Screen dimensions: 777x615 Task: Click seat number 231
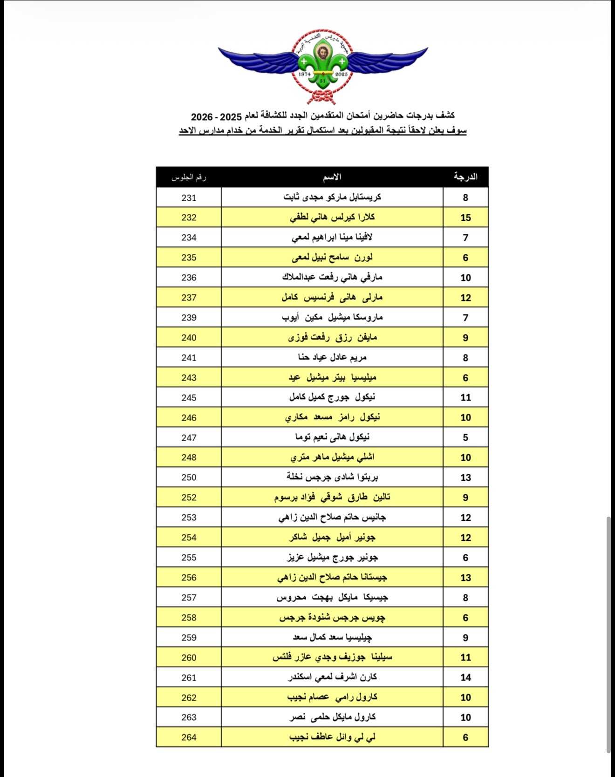click(189, 198)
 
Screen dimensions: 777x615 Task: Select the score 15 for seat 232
click(465, 218)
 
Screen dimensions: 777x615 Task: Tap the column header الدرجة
click(465, 177)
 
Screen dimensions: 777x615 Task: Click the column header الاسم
click(332, 177)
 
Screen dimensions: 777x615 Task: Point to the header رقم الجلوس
click(189, 177)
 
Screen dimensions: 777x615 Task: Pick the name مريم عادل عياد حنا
click(332, 357)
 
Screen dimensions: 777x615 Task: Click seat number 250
click(189, 477)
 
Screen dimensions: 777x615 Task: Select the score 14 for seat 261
click(465, 677)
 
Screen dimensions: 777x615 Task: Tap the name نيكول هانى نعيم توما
click(332, 437)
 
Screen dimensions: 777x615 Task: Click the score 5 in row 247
click(465, 437)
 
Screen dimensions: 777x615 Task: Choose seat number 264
click(189, 737)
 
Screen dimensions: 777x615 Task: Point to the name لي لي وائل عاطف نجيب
click(332, 737)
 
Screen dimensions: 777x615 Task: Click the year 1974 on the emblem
click(304, 74)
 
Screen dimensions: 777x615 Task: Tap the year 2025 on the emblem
click(342, 74)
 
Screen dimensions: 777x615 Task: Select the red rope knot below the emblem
click(321, 97)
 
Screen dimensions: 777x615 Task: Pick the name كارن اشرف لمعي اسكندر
click(332, 677)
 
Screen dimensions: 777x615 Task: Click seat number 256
click(189, 578)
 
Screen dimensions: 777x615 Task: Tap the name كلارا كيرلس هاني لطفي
click(332, 218)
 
